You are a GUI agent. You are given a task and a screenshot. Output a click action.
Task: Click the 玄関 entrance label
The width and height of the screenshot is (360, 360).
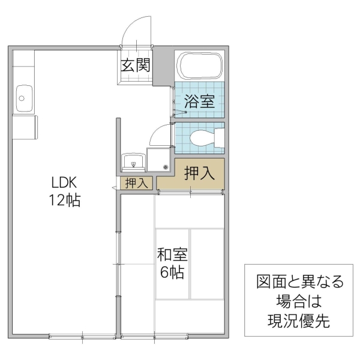pos(136,65)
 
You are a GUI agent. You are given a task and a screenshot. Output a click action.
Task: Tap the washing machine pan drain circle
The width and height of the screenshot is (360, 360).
pos(165,167)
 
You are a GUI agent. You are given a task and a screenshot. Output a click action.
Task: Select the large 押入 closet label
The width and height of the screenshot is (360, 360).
pos(199,173)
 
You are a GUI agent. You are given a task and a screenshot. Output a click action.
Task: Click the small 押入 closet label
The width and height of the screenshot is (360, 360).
pos(136,184)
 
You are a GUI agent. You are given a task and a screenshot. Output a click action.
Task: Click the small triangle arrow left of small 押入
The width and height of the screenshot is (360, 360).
pos(113,188)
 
